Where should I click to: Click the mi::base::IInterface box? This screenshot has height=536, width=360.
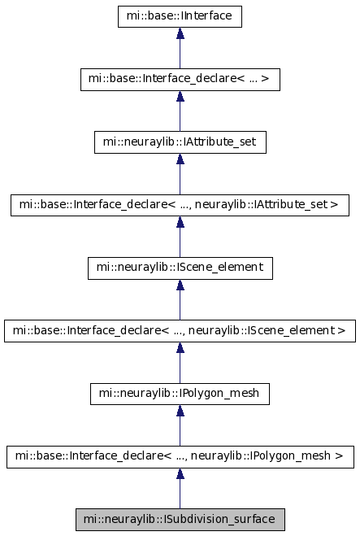180,16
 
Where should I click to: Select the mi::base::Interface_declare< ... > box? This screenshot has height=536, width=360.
180,80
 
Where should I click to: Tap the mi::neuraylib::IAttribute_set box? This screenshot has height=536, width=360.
180,142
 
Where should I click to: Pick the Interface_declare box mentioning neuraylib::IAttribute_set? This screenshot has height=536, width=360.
180,205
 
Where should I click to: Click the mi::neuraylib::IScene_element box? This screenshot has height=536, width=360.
180,268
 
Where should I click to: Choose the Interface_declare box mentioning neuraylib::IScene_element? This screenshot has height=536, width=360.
180,331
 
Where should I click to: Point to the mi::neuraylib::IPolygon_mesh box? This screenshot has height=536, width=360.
180,394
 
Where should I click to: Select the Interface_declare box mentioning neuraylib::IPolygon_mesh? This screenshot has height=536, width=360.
180,456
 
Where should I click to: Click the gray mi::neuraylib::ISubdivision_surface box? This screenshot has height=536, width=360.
180,520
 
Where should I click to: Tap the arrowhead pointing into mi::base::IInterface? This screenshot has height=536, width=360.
180,33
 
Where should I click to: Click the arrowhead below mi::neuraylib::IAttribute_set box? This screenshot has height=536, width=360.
180,159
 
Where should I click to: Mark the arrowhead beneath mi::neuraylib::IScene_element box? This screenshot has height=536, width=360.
180,285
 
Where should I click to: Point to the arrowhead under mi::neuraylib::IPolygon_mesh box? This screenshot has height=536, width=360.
180,411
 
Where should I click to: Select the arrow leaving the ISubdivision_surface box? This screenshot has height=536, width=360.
180,489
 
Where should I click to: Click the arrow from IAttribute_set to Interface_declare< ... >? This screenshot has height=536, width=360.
180,111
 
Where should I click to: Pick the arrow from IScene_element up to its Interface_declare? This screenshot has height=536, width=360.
180,300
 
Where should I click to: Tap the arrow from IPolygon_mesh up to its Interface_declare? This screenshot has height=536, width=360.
180,425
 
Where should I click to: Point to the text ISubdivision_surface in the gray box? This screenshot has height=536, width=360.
219,519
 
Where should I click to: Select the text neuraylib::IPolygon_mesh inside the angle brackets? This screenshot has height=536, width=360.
261,456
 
